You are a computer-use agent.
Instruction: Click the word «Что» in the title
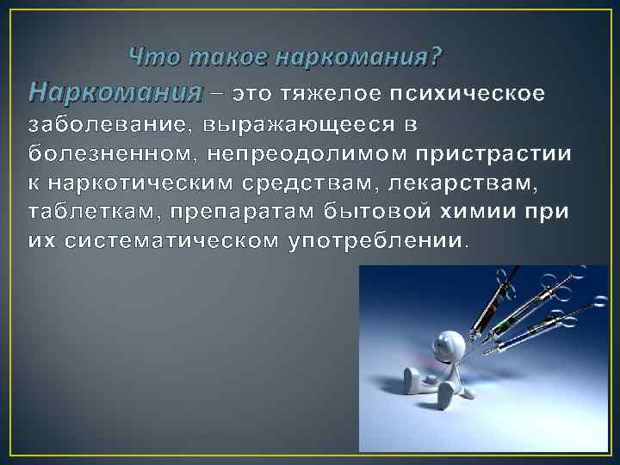pos(147,58)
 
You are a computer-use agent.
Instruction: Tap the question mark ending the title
pos(436,58)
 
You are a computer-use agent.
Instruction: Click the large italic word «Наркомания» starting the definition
pos(115,91)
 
